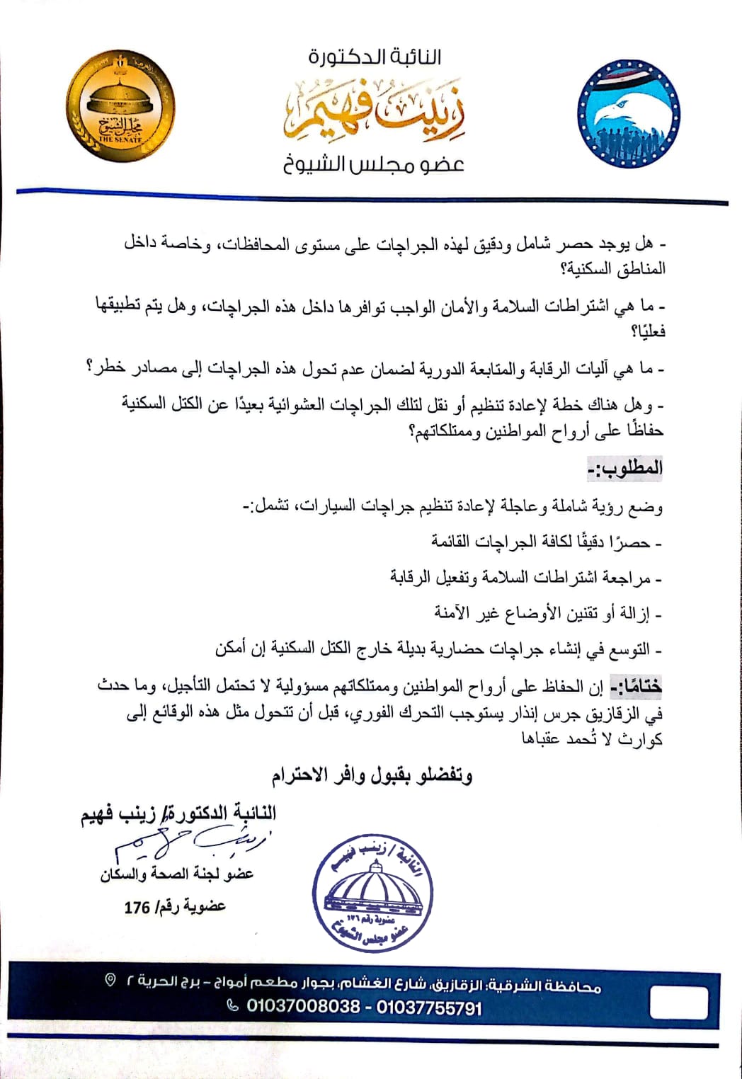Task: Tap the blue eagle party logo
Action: (628, 114)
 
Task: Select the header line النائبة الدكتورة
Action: (375, 56)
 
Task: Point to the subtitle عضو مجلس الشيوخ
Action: (374, 165)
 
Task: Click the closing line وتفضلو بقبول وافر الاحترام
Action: (372, 776)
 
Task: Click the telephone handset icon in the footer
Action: (232, 1005)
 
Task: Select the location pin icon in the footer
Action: (110, 980)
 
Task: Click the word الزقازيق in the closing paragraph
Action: (623, 712)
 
